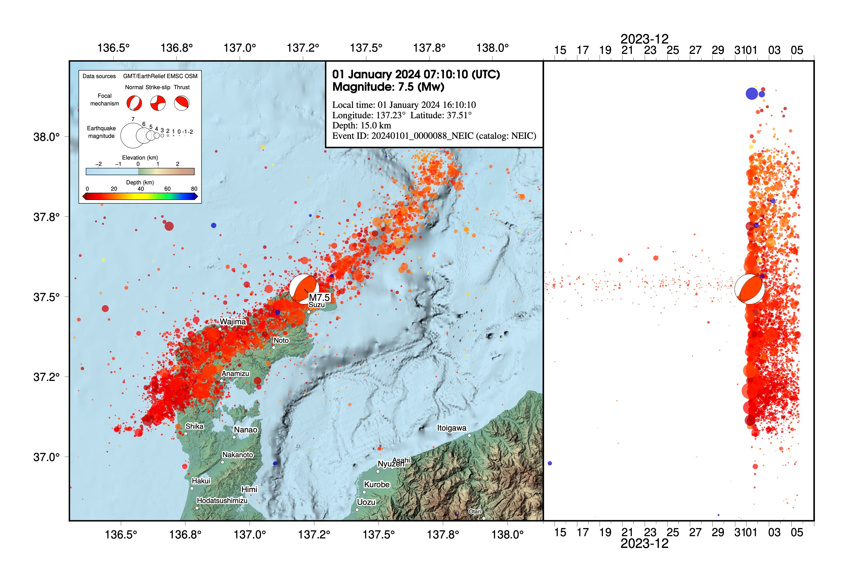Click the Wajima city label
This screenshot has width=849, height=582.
(233, 322)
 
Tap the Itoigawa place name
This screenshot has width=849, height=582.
(452, 428)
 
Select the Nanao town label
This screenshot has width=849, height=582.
(246, 430)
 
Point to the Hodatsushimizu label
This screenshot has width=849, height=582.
(222, 501)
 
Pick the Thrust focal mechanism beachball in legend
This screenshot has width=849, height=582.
(182, 103)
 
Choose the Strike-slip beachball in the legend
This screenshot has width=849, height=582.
(158, 103)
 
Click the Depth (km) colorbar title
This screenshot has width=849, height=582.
(140, 182)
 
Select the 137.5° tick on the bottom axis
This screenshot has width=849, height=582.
(378, 535)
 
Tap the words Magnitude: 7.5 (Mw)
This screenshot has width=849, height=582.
(388, 87)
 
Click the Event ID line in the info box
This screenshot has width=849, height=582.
(434, 136)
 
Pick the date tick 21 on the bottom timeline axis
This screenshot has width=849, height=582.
(627, 532)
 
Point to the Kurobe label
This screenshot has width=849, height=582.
(377, 485)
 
